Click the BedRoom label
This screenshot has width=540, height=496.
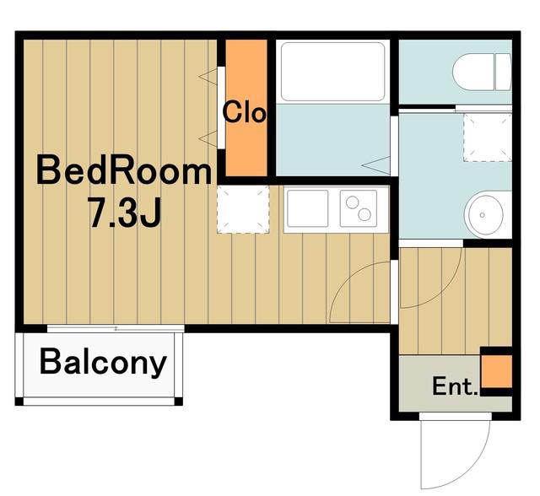[x=124, y=170]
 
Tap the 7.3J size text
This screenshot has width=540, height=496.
[x=126, y=213]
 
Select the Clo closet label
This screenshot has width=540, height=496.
[x=245, y=111]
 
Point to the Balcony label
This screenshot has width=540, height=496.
[x=103, y=363]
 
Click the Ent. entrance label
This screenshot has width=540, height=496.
[x=455, y=386]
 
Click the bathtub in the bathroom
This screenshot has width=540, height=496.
[x=332, y=72]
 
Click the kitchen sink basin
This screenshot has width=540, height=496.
[x=307, y=208]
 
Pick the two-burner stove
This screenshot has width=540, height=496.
[x=359, y=208]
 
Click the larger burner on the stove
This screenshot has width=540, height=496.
[x=364, y=214]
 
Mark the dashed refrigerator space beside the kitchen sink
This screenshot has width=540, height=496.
[x=243, y=209]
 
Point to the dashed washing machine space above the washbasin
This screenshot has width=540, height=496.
[x=488, y=137]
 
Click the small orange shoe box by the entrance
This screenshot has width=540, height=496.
[x=497, y=371]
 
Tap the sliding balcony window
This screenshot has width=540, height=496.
[x=116, y=328]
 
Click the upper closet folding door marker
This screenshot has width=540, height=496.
[x=208, y=77]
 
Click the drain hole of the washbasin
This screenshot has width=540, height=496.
[x=482, y=215]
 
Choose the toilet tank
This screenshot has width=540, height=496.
[x=503, y=72]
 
